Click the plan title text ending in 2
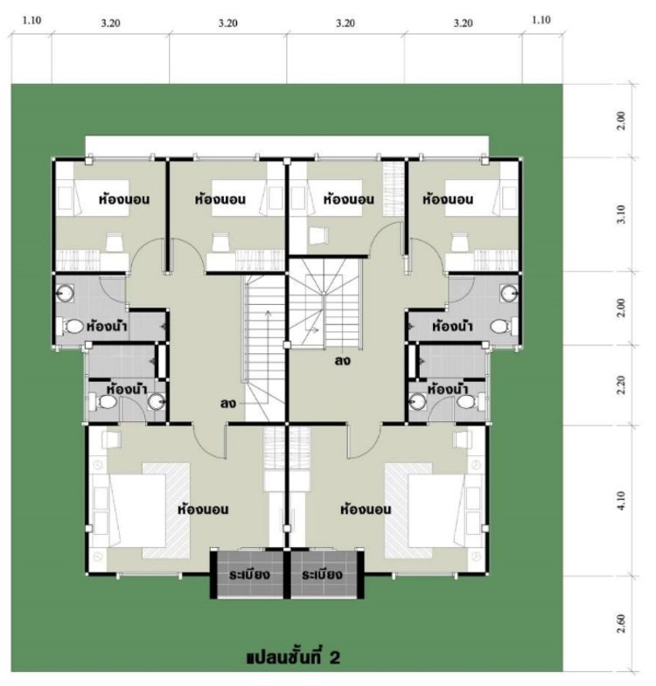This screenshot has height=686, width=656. tap(293, 657)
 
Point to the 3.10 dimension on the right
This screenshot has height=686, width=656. tap(621, 214)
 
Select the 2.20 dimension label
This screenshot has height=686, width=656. tap(621, 385)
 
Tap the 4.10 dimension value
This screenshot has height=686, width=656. tap(621, 501)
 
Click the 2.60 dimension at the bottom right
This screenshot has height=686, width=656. tap(621, 624)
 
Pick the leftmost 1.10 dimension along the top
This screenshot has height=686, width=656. tap(31, 20)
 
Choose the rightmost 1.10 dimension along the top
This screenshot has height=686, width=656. tap(541, 20)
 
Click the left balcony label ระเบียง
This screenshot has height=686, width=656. tap(249, 574)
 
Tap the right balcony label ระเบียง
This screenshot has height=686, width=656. tap(322, 574)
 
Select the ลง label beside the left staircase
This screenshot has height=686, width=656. tap(228, 403)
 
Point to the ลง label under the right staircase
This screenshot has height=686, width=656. tap(343, 362)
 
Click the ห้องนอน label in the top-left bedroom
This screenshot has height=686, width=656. tap(124, 199)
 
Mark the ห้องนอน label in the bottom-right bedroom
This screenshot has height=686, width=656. tap(366, 509)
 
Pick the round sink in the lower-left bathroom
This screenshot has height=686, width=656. tap(156, 402)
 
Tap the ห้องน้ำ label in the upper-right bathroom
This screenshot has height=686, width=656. tap(452, 326)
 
